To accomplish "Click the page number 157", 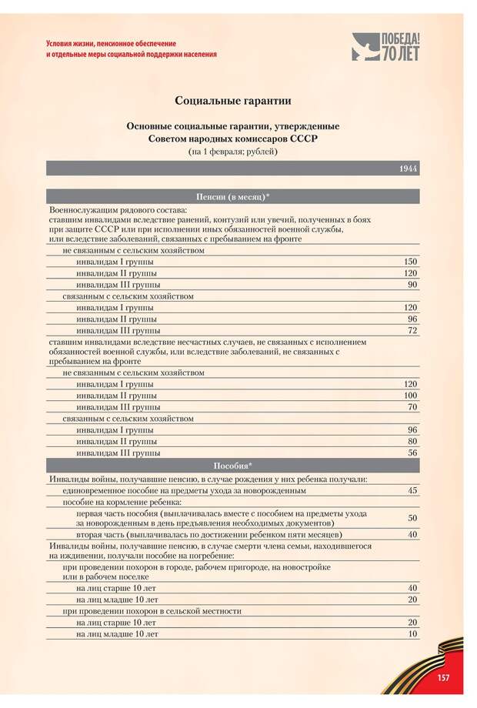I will click(443, 676).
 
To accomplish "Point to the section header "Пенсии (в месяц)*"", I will click(232, 197).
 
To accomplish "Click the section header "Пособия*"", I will click(232, 466).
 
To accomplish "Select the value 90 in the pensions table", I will click(412, 285).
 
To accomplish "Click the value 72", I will click(412, 330).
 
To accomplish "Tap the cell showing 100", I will click(410, 395).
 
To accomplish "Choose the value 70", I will click(412, 406).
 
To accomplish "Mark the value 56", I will click(412, 453).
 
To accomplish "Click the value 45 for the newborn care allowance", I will click(412, 490).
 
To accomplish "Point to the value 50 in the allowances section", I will click(412, 518).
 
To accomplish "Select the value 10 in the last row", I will click(412, 634).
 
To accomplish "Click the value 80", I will click(412, 442).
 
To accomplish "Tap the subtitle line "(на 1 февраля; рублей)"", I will click(232, 152).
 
